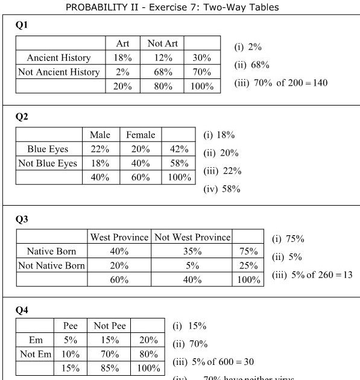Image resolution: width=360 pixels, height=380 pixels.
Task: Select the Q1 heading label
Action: pyautogui.click(x=22, y=26)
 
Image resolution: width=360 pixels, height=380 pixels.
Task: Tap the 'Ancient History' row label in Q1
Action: pyautogui.click(x=58, y=58)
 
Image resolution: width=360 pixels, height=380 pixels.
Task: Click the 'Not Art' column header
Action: pyautogui.click(x=162, y=43)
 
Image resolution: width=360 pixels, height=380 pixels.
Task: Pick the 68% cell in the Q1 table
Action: pyautogui.click(x=162, y=72)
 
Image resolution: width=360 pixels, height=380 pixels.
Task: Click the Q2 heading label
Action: pyautogui.click(x=22, y=117)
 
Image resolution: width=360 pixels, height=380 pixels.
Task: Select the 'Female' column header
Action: pyautogui.click(x=141, y=135)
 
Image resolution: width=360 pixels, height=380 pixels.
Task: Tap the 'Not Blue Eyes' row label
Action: pyautogui.click(x=48, y=163)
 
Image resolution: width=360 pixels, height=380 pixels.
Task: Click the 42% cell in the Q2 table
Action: pyautogui.click(x=179, y=149)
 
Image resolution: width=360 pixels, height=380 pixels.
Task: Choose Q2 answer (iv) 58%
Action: pyautogui.click(x=222, y=189)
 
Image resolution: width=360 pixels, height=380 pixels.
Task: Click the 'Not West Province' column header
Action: pyautogui.click(x=192, y=237)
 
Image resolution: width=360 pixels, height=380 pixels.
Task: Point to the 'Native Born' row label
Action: pyautogui.click(x=52, y=252)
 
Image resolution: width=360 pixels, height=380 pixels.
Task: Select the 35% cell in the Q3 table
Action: pyautogui.click(x=192, y=252)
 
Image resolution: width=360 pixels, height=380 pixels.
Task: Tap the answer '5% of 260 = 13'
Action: pyautogui.click(x=312, y=274)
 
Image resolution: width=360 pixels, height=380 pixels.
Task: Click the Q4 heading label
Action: pyautogui.click(x=22, y=310)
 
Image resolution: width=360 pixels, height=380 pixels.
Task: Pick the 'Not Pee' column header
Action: pyautogui.click(x=109, y=326)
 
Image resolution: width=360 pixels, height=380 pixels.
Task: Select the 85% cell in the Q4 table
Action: pyautogui.click(x=109, y=368)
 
